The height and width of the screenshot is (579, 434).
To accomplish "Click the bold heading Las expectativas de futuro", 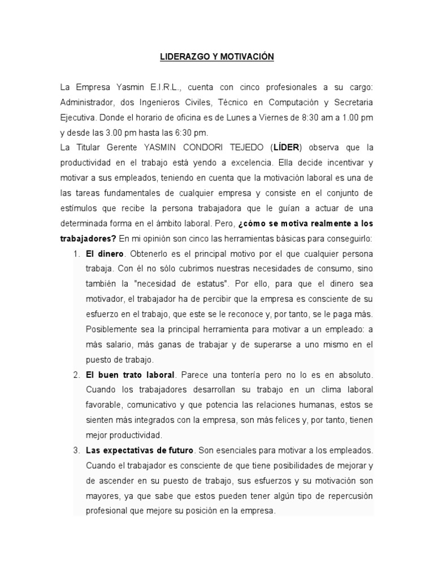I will click(140, 450).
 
